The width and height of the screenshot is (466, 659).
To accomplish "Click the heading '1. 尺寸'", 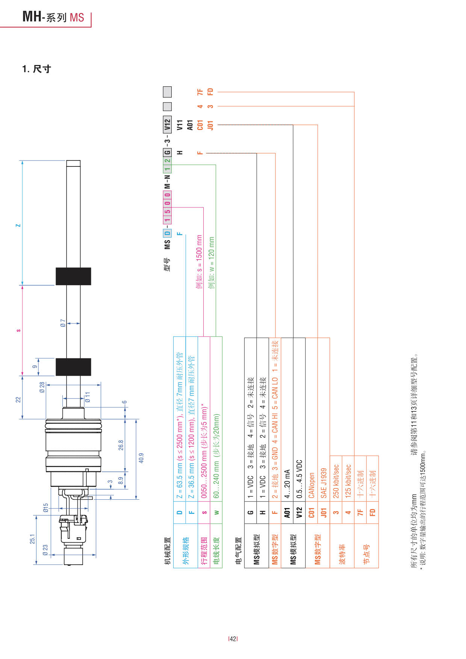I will coord(36,69).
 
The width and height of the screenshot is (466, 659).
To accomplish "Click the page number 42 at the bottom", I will coord(233,639).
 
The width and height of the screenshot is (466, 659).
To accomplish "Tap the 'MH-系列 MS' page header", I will coord(53,17).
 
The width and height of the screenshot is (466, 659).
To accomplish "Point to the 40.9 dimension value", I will coord(141,458).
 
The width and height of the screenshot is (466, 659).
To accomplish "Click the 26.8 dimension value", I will coord(121,445).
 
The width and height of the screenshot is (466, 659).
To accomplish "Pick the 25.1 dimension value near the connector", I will coord(32,539).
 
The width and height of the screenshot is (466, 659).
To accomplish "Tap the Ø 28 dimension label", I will coord(42,388).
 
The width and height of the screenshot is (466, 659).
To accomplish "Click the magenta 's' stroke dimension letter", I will coord(18,331).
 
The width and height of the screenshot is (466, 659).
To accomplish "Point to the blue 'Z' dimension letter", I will coord(18,225).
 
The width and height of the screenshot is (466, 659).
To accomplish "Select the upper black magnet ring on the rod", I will coord(73,276).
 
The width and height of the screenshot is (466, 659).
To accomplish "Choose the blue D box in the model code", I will coord(167,233).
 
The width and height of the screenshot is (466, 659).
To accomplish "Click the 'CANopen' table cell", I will coord(312,485).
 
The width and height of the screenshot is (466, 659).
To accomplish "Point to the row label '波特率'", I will coord(342,554).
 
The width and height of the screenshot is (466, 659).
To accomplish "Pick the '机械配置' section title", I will coord(168,551).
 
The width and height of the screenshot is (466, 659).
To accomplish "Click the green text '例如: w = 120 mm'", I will coord(212,263).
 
